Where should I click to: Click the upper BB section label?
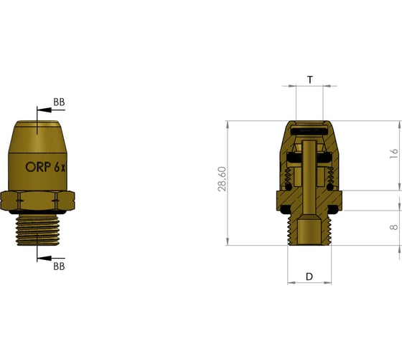coord(59,102)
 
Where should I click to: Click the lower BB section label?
coord(59,266)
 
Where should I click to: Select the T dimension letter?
coord(309,80)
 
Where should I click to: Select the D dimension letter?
coord(309,276)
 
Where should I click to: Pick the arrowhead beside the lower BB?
coord(40,257)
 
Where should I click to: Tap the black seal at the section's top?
coord(309,131)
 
